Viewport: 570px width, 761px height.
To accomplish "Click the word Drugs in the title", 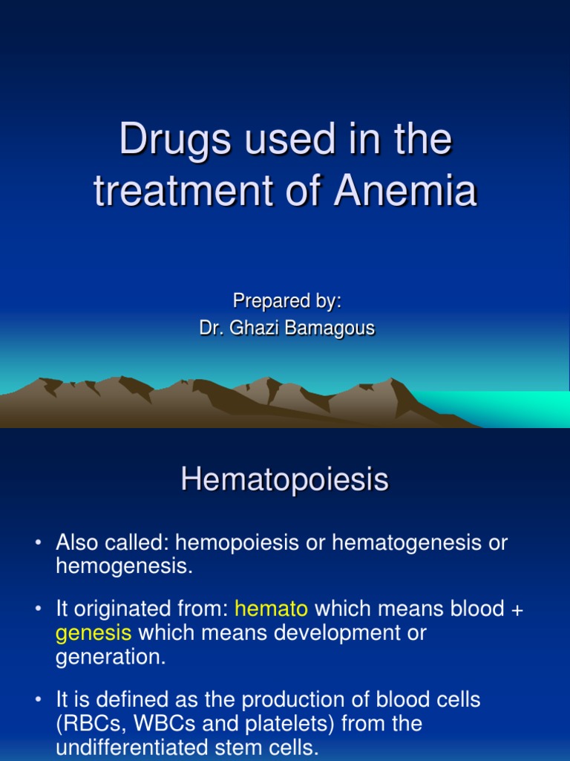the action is [x=175, y=141].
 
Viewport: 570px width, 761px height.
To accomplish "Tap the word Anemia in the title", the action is [x=405, y=190].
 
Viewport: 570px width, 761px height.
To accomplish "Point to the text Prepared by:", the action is [x=287, y=301].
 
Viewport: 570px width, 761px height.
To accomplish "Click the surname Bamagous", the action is [x=330, y=328].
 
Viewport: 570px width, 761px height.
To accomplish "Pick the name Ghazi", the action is [x=255, y=328].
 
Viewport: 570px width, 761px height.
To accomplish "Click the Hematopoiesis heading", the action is [x=284, y=479].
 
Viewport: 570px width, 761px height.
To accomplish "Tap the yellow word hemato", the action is [x=271, y=609].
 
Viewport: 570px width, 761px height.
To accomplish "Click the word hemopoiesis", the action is [x=237, y=543].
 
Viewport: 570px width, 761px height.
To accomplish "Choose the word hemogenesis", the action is [x=124, y=566].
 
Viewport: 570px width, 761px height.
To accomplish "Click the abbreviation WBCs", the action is [x=165, y=724].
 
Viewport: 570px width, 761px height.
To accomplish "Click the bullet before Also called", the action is [x=39, y=543].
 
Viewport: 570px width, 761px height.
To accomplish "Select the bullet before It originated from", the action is [x=39, y=609].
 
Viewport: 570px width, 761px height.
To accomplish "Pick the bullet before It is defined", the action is [x=39, y=700].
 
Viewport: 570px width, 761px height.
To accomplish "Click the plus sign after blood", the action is [x=517, y=610].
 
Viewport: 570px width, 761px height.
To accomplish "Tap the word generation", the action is [x=111, y=658].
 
